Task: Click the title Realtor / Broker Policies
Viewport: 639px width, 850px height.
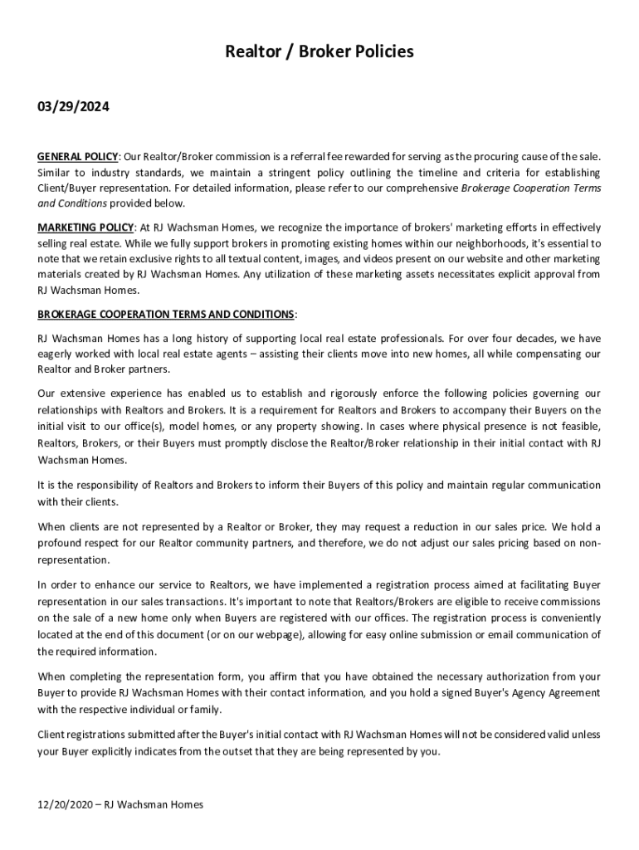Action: coord(319,52)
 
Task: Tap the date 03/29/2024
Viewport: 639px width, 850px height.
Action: coord(73,108)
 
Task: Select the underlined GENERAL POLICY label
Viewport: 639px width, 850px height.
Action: coord(78,157)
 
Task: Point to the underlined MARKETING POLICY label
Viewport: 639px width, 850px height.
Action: coord(85,227)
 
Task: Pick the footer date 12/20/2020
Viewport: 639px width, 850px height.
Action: coord(65,804)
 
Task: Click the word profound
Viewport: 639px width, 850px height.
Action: coord(62,543)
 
